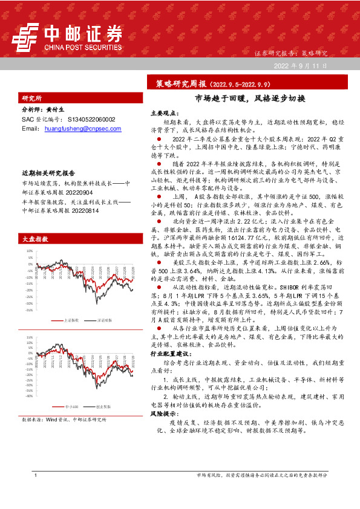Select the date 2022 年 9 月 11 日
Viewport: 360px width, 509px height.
300,65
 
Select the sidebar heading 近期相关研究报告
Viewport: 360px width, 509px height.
48,172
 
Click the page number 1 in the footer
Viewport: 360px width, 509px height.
37,493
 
